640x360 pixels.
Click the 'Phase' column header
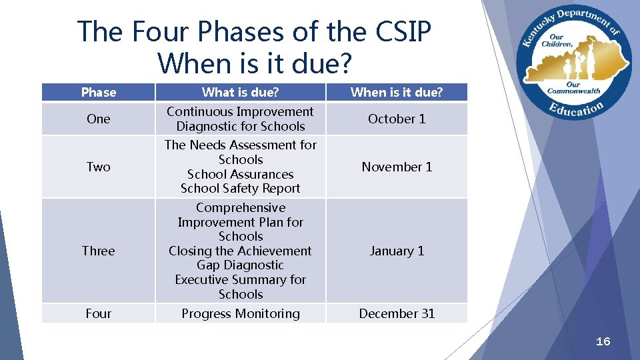98,93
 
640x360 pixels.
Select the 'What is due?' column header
240,93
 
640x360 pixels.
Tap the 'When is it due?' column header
397,93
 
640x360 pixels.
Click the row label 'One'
98,119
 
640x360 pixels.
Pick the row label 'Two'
98,167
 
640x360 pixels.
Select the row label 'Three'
98,251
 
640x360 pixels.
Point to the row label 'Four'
98,313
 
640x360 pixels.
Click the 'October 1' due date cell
397,119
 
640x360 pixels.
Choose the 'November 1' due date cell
397,167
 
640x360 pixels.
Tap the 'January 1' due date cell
397,251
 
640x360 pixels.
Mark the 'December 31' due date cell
397,313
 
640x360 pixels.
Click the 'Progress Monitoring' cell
240,313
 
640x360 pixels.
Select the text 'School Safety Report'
240,189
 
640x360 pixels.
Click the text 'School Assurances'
240,174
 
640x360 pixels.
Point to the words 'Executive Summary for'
240,280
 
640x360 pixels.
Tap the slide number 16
603,341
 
